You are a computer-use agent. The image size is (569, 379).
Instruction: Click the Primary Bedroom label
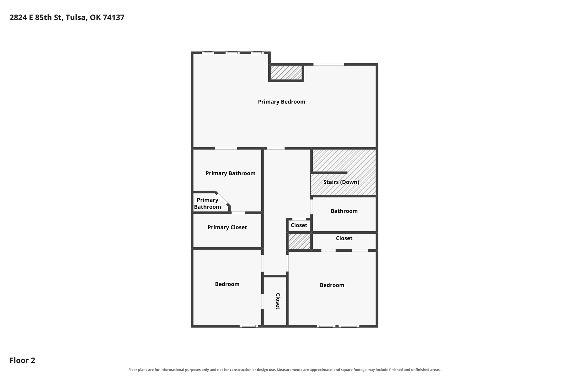pos(281,102)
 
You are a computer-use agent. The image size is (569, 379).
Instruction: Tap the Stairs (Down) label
pos(341,182)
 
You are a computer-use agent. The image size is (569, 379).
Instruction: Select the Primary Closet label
pos(227,227)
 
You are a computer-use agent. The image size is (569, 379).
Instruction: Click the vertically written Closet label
pos(278,301)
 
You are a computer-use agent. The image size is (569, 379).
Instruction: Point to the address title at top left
pos(67,18)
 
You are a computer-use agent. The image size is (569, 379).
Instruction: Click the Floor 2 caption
pos(22,360)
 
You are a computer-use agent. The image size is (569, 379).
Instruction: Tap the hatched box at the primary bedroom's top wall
pos(286,73)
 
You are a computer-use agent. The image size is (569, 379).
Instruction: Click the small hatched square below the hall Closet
pos(299,241)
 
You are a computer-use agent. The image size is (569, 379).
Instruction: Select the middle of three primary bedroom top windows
pos(233,53)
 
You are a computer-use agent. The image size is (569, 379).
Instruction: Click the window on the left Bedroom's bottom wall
pos(248,326)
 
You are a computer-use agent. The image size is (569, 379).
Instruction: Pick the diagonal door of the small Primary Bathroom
pos(222,199)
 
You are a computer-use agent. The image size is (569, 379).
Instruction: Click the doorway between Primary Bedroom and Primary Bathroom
pos(226,148)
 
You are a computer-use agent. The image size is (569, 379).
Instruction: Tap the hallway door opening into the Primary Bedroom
pos(276,148)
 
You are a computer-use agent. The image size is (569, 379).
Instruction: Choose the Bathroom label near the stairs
pos(344,211)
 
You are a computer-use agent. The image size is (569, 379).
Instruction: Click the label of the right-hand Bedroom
pos(332,285)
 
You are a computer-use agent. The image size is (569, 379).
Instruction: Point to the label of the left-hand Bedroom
pos(227,284)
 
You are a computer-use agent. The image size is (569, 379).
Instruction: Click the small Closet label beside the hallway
pos(299,225)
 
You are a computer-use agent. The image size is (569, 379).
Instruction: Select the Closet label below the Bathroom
pos(344,238)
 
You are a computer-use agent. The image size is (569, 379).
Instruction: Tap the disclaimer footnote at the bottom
pos(284,370)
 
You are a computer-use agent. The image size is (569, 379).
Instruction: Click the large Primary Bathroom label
pos(231,173)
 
